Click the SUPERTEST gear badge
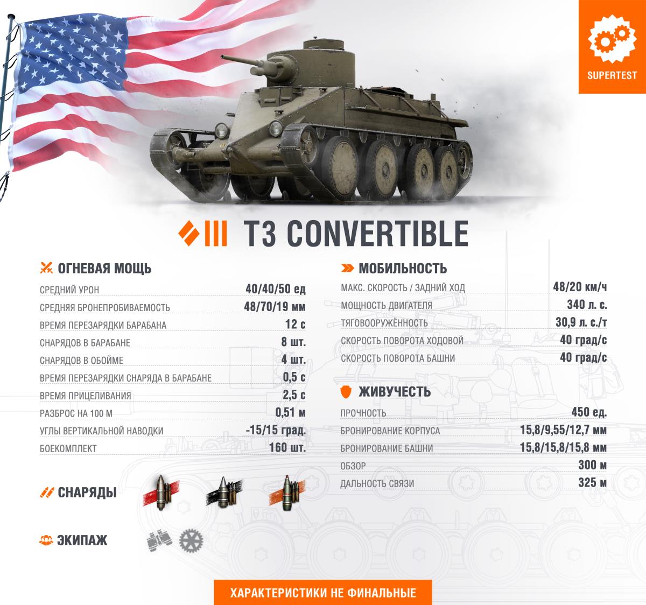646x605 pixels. [612, 46]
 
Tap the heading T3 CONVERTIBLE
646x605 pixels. [356, 234]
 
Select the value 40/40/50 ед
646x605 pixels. [276, 289]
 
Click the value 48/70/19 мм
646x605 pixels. [275, 306]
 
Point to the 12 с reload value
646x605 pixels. [296, 324]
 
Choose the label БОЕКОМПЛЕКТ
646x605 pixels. [68, 448]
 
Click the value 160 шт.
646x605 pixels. [287, 448]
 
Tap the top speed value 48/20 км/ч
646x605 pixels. [580, 287]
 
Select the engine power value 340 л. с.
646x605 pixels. [587, 305]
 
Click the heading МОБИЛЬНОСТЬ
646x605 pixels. [403, 269]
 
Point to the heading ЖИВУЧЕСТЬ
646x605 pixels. [395, 392]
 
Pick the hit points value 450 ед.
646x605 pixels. [589, 412]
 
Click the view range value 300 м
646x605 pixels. [592, 465]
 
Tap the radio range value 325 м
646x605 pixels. [592, 483]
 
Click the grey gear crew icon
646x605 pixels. [191, 540]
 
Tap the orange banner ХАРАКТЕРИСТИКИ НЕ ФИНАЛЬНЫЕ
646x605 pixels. [323, 593]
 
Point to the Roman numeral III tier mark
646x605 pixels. [216, 234]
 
